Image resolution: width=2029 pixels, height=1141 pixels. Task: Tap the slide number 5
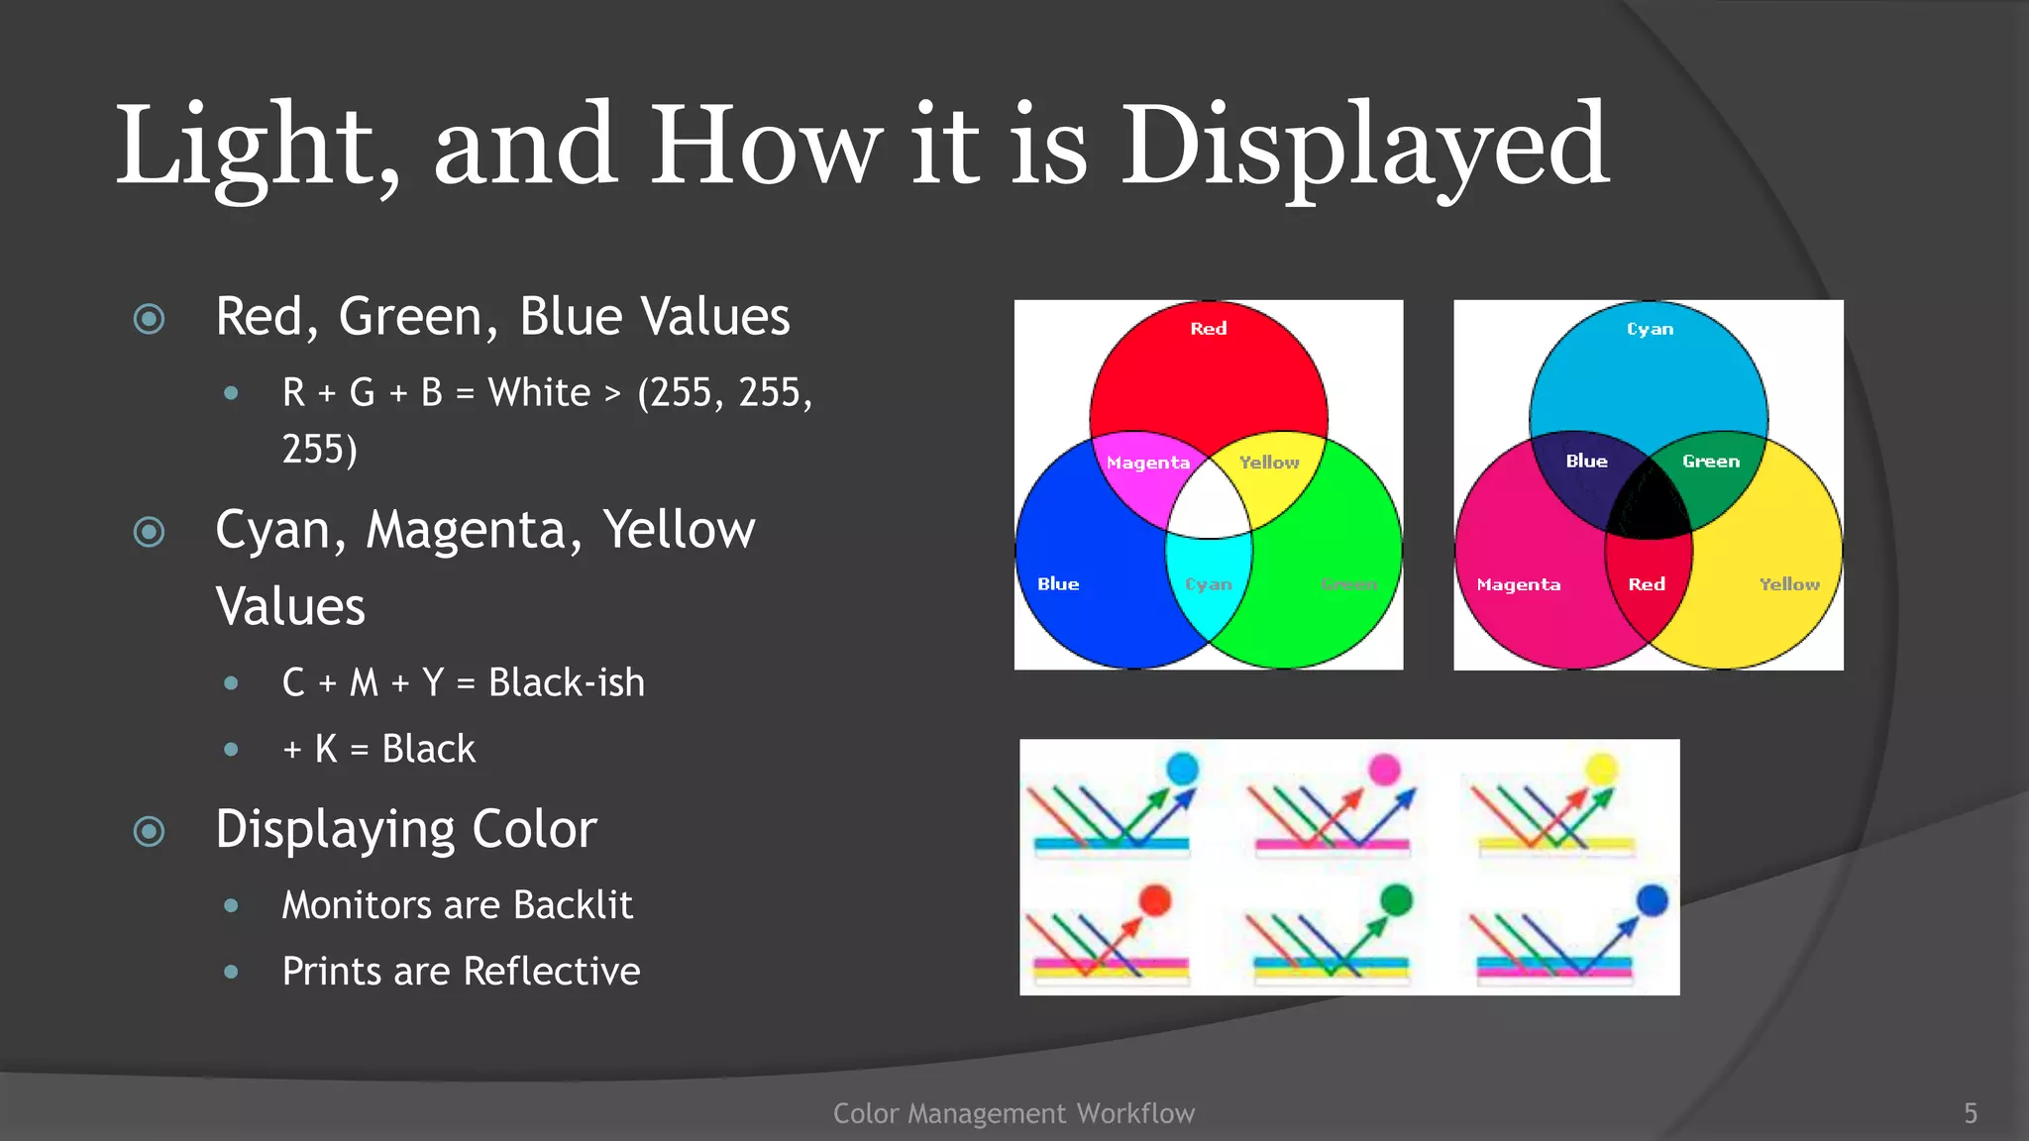(1970, 1113)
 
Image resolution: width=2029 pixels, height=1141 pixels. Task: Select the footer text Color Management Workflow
(1014, 1113)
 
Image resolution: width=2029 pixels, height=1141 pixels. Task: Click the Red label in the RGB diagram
(1208, 329)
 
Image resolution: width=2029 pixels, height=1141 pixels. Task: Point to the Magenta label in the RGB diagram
(1147, 463)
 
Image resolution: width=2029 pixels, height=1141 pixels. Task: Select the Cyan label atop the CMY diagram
(1650, 329)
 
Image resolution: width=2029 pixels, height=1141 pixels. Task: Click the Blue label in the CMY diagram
(1586, 462)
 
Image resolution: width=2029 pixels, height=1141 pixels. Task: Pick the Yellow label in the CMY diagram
(1788, 584)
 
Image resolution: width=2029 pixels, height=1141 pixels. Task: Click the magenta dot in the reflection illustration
(1384, 769)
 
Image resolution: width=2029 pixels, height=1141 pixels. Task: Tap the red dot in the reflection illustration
(1155, 899)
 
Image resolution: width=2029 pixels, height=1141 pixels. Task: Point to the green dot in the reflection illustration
(1396, 899)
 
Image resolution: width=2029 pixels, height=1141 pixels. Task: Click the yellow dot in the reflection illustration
(1601, 768)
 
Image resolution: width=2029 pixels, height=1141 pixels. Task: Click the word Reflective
(551, 972)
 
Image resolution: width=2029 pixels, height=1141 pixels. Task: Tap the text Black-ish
(566, 683)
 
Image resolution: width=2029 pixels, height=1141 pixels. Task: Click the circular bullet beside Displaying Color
(150, 831)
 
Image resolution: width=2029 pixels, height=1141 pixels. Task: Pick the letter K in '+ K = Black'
(326, 750)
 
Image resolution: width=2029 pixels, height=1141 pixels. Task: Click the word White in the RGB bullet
(539, 393)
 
